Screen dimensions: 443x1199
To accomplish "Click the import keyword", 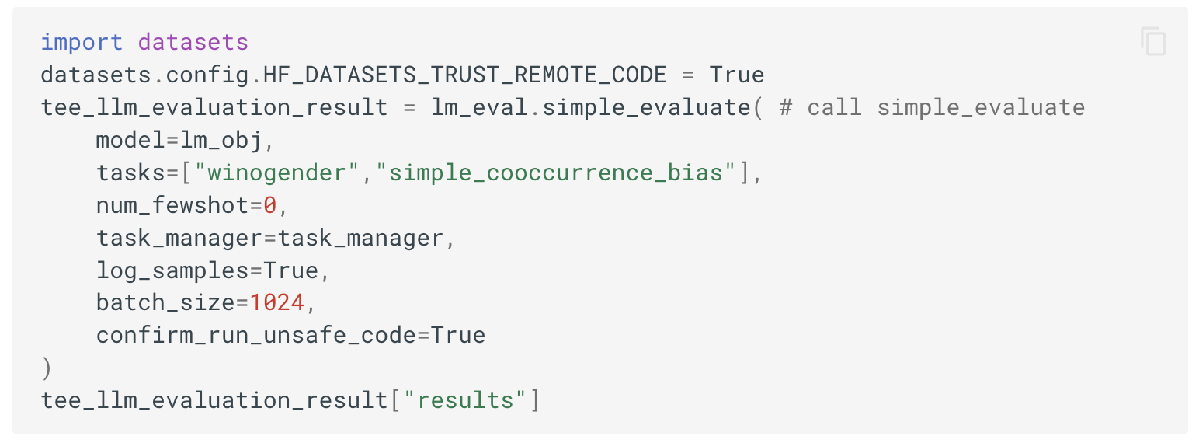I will point(82,42).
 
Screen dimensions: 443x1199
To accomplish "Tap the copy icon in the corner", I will point(1153,41).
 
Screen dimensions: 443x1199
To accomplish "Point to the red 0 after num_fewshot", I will point(270,205).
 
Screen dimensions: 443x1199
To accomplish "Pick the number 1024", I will point(277,302).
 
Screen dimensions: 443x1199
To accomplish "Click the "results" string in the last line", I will point(465,400).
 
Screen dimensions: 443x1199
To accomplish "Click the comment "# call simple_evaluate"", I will point(932,107).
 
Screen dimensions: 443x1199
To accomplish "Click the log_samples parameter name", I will point(173,270).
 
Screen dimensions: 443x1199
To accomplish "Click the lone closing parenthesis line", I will point(46,368).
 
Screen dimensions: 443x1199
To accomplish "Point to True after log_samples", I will point(291,270).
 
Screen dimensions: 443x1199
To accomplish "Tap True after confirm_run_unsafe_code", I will point(458,335).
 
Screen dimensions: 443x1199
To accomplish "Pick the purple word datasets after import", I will point(193,42).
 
